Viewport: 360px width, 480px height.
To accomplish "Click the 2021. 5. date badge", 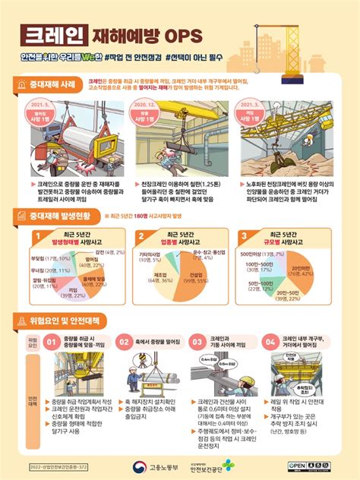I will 42,114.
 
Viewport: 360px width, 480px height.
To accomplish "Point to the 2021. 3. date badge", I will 257,114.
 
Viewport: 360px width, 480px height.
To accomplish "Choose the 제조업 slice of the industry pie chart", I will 162,277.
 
